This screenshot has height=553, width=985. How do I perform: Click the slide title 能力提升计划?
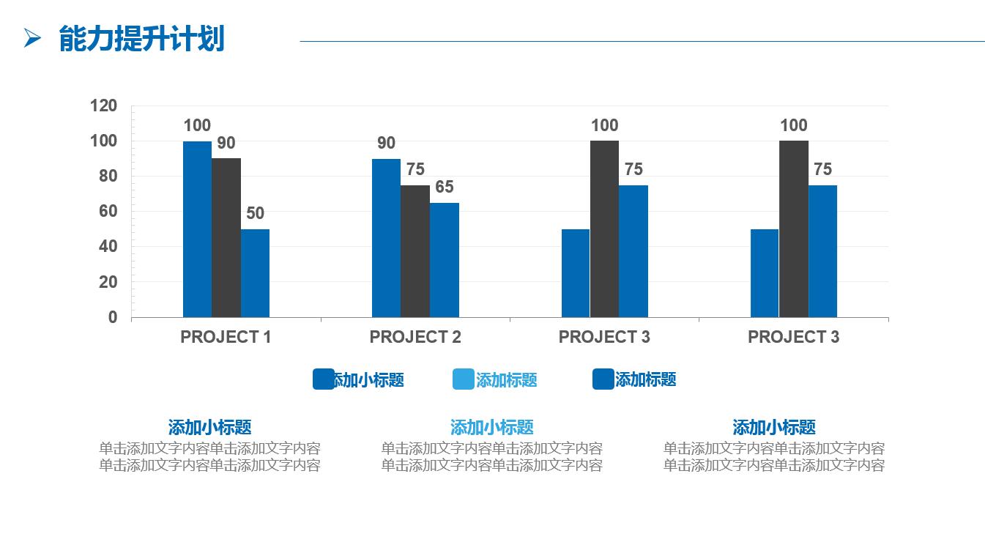click(141, 39)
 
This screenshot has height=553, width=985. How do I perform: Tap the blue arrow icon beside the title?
click(32, 38)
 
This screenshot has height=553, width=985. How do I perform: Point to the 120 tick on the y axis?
click(103, 106)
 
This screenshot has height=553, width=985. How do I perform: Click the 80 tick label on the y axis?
click(103, 177)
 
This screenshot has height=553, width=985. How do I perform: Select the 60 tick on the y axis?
click(103, 212)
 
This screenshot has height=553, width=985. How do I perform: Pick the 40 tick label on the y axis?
click(103, 247)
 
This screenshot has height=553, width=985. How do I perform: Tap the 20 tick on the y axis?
click(103, 282)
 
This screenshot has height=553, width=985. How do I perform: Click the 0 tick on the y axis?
click(112, 317)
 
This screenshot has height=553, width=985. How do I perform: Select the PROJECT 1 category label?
click(226, 337)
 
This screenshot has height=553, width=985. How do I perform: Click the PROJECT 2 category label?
click(415, 337)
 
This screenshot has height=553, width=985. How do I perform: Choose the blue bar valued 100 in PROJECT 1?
click(197, 229)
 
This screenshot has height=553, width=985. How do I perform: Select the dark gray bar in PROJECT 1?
click(226, 237)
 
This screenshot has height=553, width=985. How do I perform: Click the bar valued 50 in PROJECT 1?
click(255, 272)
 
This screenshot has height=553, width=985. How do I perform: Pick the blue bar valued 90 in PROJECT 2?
click(386, 237)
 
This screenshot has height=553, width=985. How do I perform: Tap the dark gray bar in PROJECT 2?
click(415, 250)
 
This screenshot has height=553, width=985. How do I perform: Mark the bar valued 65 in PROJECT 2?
click(445, 259)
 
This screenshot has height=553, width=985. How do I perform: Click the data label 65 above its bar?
click(445, 187)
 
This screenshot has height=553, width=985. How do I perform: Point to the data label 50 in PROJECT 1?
click(255, 213)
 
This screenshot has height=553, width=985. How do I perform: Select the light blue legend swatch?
click(464, 379)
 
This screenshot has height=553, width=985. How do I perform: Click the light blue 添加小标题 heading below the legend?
click(491, 427)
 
